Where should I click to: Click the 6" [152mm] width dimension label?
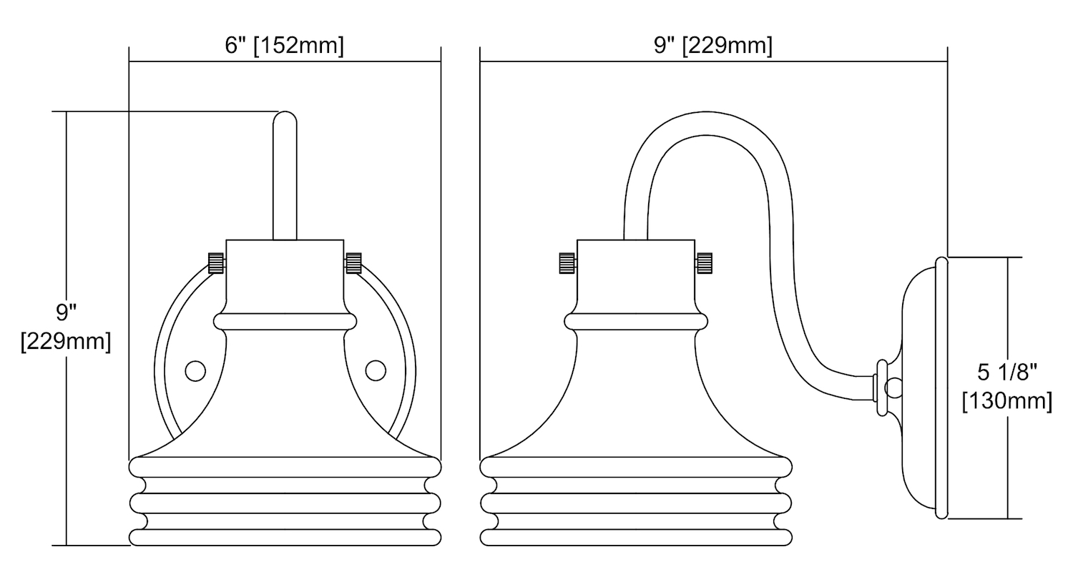[285, 46]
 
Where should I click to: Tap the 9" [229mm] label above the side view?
[713, 46]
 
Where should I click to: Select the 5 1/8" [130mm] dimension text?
[1007, 387]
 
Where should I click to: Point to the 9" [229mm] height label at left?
[66, 327]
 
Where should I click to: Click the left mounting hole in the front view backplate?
[195, 371]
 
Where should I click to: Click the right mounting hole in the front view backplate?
[376, 371]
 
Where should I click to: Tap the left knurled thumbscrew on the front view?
[217, 263]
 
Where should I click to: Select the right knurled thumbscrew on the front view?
[353, 263]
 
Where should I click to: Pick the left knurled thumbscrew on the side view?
[568, 263]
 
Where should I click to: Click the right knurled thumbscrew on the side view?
[704, 263]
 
